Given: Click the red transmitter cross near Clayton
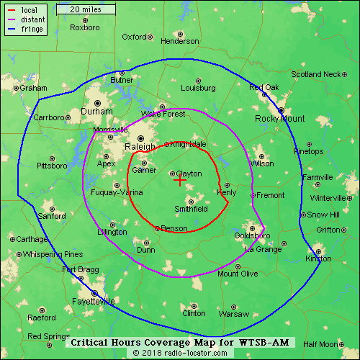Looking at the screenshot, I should click(179, 181).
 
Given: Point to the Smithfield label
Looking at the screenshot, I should click(192, 209).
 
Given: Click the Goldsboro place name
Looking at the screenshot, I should click(252, 235).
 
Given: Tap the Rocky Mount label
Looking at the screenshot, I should click(279, 119).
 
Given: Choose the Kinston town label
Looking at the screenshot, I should click(319, 258).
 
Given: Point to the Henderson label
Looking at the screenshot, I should click(179, 41).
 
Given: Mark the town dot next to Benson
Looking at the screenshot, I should click(158, 228).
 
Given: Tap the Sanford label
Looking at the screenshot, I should click(52, 216).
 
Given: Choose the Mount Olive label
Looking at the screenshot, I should click(238, 274).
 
